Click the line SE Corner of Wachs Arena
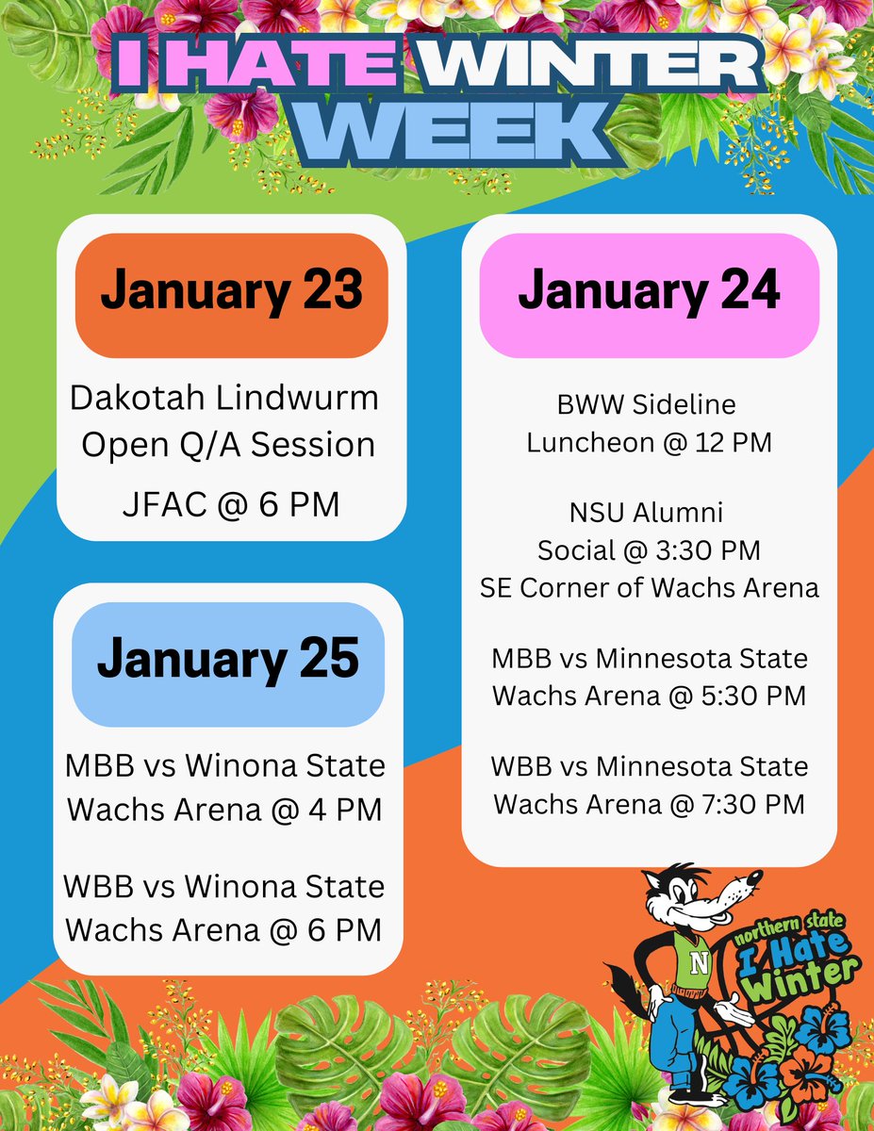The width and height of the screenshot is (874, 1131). [x=649, y=587]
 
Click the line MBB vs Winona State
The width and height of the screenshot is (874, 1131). [x=226, y=765]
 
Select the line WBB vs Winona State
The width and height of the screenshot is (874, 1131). [x=226, y=887]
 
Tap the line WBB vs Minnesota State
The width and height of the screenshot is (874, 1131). [x=649, y=766]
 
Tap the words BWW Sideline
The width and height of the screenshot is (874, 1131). [x=648, y=405]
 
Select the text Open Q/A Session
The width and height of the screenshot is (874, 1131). [x=228, y=444]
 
